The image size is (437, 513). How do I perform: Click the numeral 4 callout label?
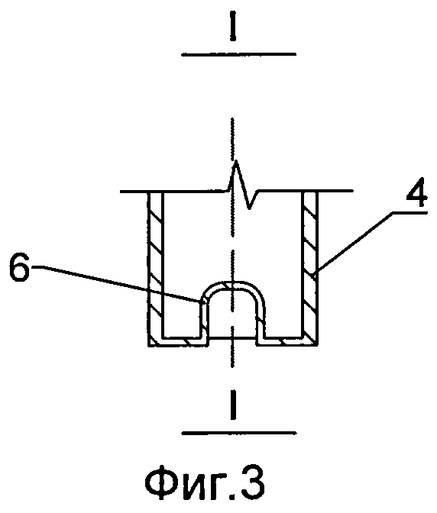[416, 192]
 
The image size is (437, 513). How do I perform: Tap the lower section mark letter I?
[232, 405]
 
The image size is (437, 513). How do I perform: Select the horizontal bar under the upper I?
[239, 54]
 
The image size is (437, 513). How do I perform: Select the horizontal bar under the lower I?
[239, 433]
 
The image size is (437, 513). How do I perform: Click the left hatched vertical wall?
[155, 265]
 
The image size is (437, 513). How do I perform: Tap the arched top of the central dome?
[233, 285]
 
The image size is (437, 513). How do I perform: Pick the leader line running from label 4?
[356, 242]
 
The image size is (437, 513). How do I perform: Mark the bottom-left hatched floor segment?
[179, 340]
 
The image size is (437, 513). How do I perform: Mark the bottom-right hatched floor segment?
[287, 340]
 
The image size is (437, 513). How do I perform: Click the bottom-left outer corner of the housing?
[148, 346]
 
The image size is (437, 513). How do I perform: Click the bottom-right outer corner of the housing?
[318, 346]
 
